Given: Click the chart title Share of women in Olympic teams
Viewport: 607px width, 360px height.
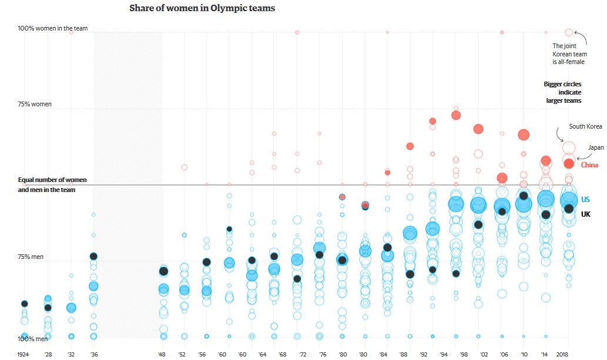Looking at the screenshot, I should click(202, 9).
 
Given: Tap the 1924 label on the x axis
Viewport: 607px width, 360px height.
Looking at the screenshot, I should click(24, 354).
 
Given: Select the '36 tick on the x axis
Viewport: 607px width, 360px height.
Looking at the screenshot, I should click(94, 354).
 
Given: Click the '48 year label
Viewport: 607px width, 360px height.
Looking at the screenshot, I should click(162, 354).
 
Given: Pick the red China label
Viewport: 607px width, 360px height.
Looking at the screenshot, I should click(589, 165).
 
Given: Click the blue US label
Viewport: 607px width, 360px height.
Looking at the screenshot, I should click(585, 200).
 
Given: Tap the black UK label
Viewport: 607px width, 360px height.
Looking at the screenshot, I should click(585, 214).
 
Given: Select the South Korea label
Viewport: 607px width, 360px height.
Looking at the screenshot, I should click(585, 126).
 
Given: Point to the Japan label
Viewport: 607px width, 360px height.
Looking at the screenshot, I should click(596, 147).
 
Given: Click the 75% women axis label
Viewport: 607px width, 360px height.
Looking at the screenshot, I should click(35, 105).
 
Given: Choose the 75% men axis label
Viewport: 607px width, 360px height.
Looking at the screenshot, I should click(32, 257).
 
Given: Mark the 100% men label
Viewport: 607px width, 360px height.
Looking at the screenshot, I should click(33, 339).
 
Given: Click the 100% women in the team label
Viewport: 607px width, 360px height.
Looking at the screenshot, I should click(52, 28).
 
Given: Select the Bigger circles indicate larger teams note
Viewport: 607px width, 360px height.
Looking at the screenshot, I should click(562, 92).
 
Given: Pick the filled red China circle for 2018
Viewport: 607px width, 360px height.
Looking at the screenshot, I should click(569, 163).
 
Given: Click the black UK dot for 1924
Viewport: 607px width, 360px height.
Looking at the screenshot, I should click(24, 304).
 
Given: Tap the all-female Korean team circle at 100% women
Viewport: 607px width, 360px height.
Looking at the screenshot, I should click(569, 32).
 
